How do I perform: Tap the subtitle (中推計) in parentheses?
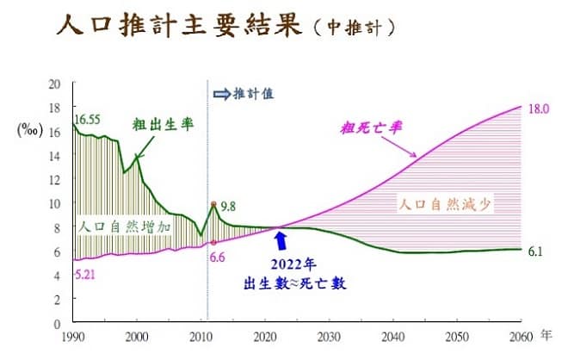(354, 27)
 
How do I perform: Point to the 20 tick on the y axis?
(55, 84)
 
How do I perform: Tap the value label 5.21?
(85, 275)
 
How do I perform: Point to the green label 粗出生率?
(163, 123)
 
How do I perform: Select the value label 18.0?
(539, 109)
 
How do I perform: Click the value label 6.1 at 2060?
(534, 251)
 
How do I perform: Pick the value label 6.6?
(218, 257)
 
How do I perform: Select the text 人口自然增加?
(126, 227)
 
